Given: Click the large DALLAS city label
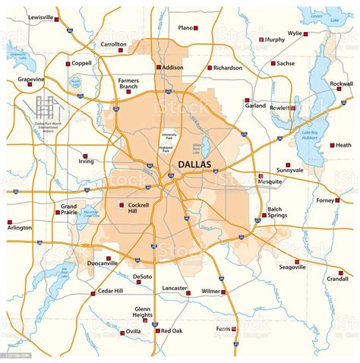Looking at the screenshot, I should pyautogui.click(x=196, y=164).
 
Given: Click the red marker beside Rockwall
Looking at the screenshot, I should pyautogui.click(x=338, y=90).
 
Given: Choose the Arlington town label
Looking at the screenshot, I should pyautogui.click(x=19, y=228).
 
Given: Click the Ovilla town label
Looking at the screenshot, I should pyautogui.click(x=133, y=331).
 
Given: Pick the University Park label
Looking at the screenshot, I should pyautogui.click(x=174, y=137).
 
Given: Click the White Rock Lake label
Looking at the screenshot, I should pyautogui.click(x=201, y=146).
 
